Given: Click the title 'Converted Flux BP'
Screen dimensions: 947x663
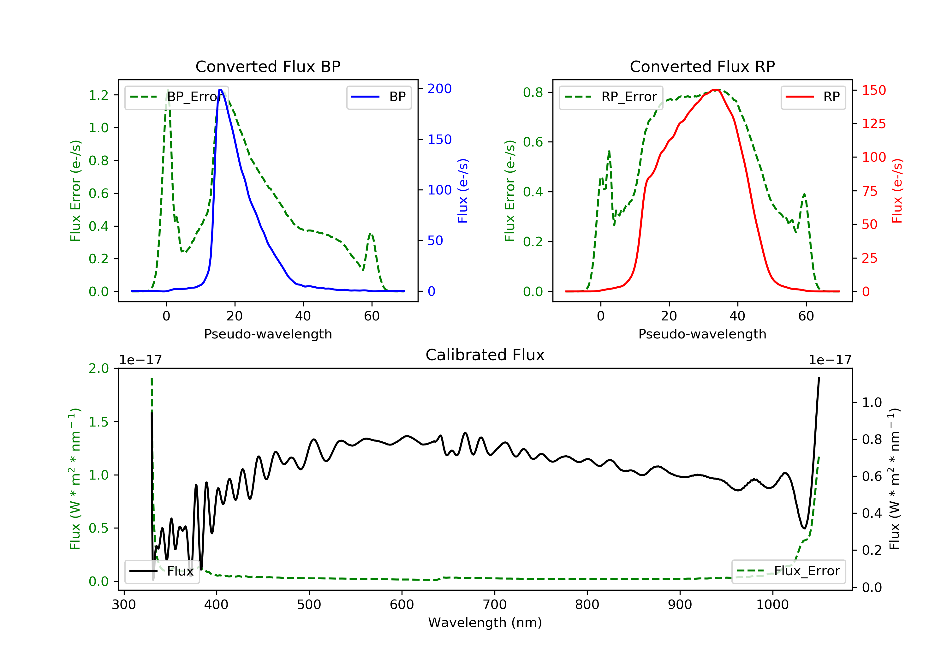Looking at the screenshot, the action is tap(268, 66).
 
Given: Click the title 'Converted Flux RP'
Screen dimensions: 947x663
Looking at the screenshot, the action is tap(702, 66).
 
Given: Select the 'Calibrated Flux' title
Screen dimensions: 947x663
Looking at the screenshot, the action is tap(485, 355).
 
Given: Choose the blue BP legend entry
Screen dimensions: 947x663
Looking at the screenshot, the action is tap(378, 97).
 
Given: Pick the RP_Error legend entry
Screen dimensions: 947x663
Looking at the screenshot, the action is tap(611, 97).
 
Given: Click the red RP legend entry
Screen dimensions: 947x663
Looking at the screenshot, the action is tap(813, 97).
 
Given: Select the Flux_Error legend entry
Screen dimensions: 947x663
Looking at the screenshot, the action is tap(788, 571).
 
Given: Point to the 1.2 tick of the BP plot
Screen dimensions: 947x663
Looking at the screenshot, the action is tap(98, 95).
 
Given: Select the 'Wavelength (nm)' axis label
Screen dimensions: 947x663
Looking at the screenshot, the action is tap(485, 623).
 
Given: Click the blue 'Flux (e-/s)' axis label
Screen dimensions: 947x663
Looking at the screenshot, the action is tap(463, 191).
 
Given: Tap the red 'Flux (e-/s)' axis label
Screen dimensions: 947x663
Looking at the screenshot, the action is tap(897, 191).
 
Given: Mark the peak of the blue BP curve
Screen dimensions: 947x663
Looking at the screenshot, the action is tap(221, 90).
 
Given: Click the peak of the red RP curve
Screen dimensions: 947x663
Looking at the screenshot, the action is tap(717, 90).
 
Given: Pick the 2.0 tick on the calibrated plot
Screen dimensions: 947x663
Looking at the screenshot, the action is tap(98, 368).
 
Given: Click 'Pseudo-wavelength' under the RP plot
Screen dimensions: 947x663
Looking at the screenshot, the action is tap(702, 334).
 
